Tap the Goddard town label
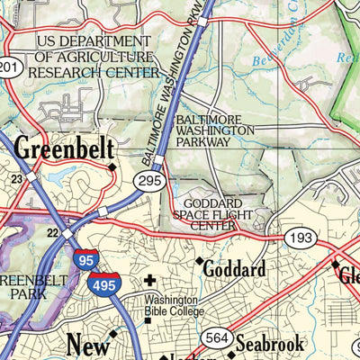coord(233,269)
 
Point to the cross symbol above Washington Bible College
coord(149,281)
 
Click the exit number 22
coord(52,233)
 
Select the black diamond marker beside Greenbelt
coord(112,166)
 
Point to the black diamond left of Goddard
coord(199,261)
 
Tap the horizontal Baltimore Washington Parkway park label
coord(215,130)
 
